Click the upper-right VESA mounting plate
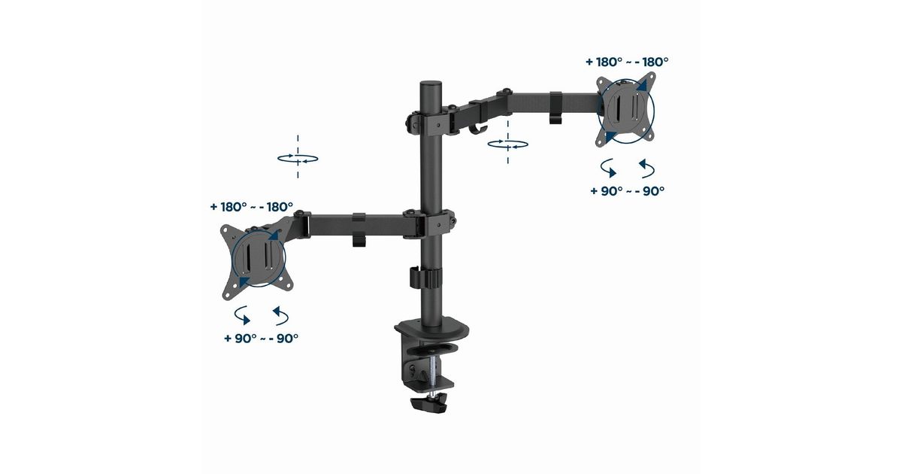(626, 109)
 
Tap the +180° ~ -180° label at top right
(627, 62)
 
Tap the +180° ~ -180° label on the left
(252, 207)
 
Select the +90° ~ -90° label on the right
(628, 191)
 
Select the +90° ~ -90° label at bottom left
(262, 338)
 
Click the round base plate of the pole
(431, 329)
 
